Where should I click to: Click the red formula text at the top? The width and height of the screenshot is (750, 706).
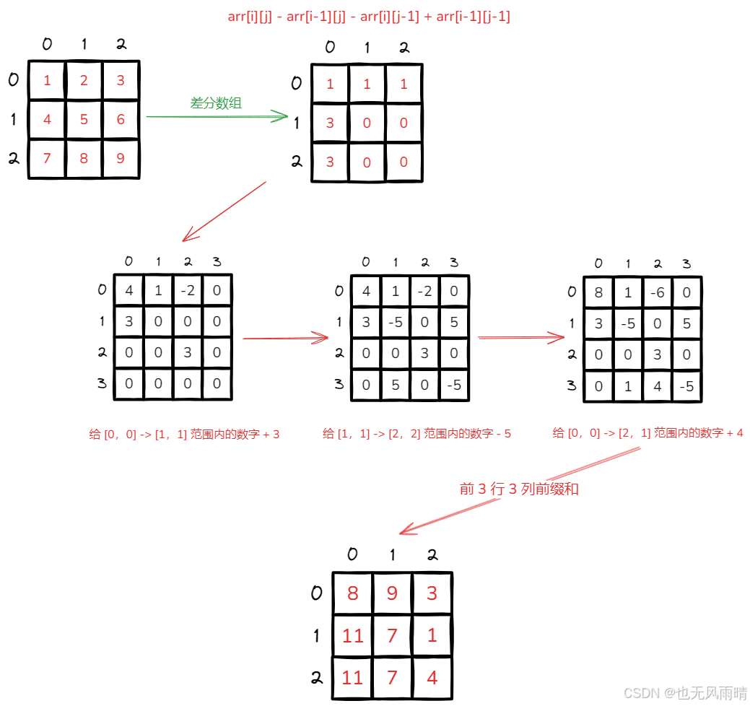[x=369, y=17]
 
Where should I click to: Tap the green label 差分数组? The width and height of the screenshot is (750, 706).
[x=216, y=103]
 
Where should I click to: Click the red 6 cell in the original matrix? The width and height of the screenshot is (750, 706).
[x=121, y=119]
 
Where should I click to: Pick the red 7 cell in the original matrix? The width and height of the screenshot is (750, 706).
[x=47, y=158]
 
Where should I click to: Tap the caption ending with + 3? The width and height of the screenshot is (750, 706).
[x=184, y=434]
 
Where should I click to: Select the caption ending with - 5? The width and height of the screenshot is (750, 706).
[x=417, y=434]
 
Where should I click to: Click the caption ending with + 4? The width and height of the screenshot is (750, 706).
[x=647, y=433]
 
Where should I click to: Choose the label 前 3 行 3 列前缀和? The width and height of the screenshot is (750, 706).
[x=519, y=489]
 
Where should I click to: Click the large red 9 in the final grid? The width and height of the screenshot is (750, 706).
[x=392, y=593]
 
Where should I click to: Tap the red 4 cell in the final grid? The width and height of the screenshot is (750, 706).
[x=432, y=678]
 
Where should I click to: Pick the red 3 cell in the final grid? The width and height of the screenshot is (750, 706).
[x=432, y=593]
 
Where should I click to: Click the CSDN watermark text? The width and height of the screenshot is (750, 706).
[x=684, y=693]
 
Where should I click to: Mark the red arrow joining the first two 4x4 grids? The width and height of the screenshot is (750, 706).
[x=285, y=337]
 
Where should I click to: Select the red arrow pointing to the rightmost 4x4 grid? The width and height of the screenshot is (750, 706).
[x=521, y=337]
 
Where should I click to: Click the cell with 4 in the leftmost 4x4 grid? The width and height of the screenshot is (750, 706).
[x=129, y=292]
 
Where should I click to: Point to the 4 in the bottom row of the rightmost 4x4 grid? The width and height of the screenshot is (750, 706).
[x=657, y=387]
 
